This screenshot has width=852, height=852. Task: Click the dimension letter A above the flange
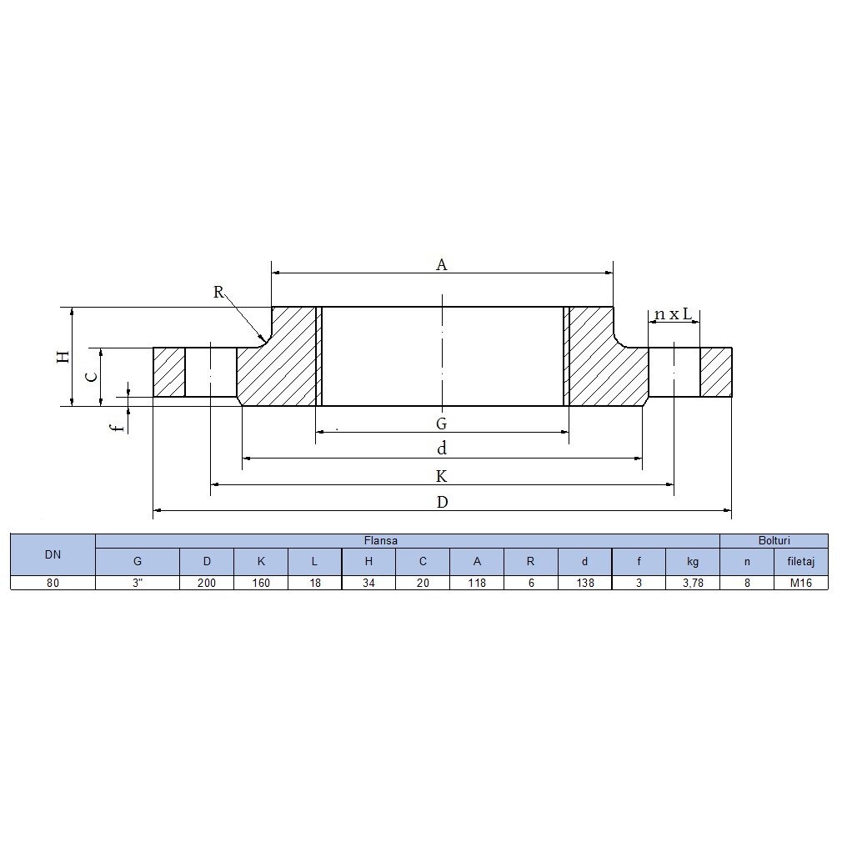(x=442, y=264)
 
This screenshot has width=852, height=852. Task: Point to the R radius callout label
(x=218, y=292)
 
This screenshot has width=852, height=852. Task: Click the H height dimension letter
(x=63, y=357)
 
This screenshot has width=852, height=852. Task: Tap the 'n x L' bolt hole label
(x=674, y=314)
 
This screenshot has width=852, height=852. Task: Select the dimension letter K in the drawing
(x=442, y=476)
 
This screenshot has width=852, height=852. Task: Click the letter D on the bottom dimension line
(x=442, y=502)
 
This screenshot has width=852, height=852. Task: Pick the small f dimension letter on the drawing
(x=118, y=426)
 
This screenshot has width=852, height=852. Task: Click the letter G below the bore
(x=442, y=423)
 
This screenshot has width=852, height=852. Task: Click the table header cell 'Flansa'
(x=381, y=541)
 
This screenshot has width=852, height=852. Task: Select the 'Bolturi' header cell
(x=774, y=541)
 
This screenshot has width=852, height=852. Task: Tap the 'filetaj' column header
(x=800, y=562)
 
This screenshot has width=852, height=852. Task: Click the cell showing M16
(x=800, y=583)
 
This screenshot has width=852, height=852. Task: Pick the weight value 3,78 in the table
(x=693, y=583)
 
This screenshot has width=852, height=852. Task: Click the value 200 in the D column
(x=207, y=583)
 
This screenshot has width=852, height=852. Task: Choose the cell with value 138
(x=584, y=583)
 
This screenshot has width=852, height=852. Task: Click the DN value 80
(x=53, y=583)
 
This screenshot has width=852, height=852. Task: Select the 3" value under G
(x=138, y=583)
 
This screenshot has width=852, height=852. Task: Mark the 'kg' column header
(x=693, y=562)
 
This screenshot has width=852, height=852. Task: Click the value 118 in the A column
(x=477, y=583)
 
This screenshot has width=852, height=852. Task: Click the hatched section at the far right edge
(x=716, y=372)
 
